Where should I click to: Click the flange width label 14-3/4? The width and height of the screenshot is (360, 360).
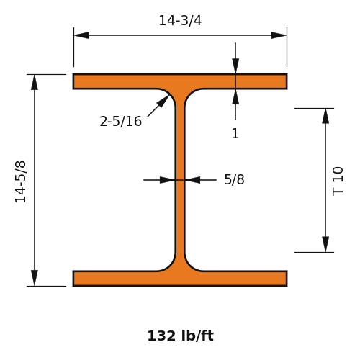point(180,20)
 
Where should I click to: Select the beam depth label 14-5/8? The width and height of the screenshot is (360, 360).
point(20,181)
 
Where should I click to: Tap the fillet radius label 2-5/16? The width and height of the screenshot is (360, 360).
point(121,121)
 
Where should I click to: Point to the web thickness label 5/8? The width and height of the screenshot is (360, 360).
point(234,179)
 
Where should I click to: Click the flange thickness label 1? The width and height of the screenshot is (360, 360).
point(235,133)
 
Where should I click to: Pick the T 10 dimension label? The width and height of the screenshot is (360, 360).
point(338,181)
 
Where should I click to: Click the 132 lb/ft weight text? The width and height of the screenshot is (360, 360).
point(181,336)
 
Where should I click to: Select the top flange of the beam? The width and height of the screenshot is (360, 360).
point(180,81)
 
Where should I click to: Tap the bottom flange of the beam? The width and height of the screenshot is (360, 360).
point(180,279)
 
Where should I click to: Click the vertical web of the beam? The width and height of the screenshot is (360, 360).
point(180,180)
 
